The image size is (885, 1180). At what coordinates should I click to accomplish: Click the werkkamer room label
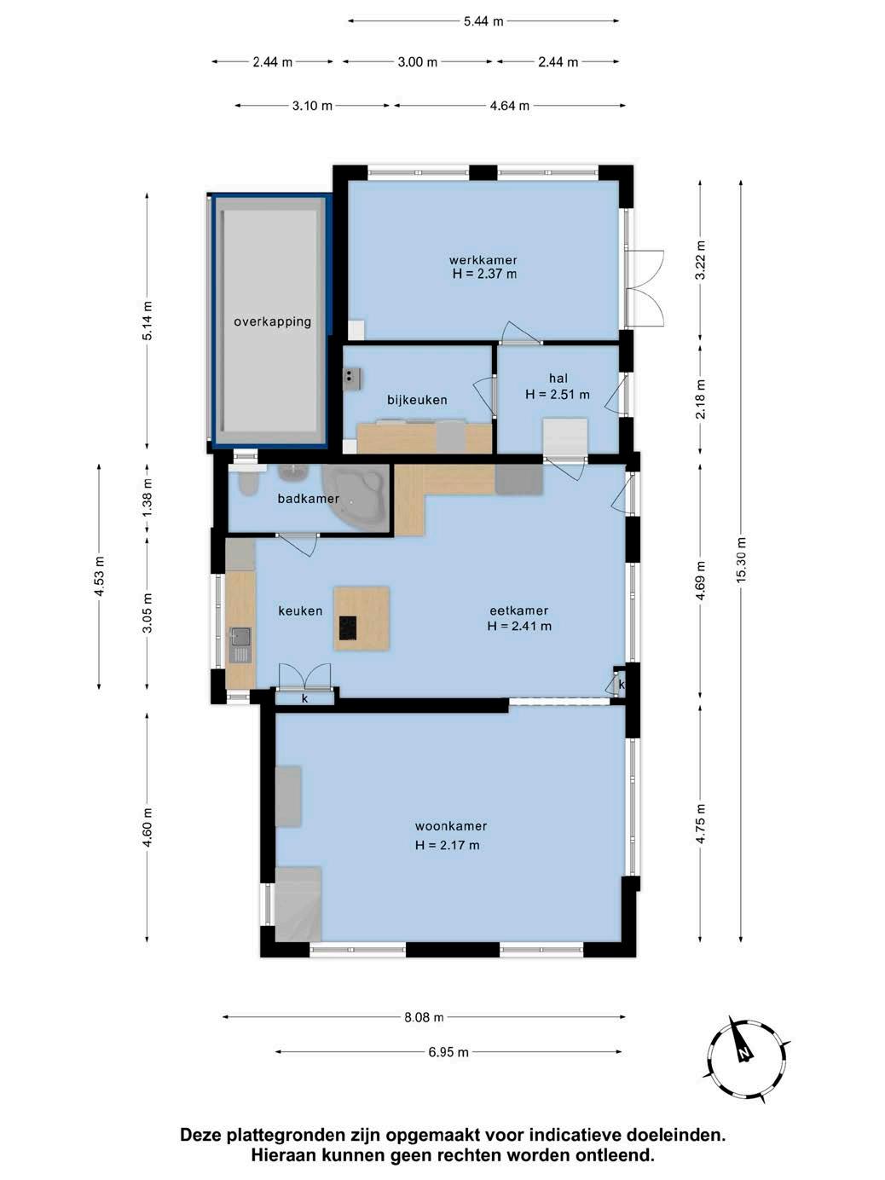point(483,260)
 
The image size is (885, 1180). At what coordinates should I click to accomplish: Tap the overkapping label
point(273,322)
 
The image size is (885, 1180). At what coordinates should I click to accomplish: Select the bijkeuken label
point(417,400)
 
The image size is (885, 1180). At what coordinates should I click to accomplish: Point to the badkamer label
point(308,499)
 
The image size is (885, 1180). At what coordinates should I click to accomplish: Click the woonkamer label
point(451,826)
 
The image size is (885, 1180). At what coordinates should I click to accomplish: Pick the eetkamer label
point(518,610)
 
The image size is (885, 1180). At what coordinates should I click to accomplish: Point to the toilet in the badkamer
point(247,483)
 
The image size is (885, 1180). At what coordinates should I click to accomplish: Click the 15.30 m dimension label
point(742,559)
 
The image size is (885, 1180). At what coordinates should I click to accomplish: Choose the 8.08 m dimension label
point(424,1017)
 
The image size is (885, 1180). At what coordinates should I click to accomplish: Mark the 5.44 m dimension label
point(483,21)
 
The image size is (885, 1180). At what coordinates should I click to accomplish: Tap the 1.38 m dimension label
point(147,497)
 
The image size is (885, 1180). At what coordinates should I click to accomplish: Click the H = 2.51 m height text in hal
point(558,395)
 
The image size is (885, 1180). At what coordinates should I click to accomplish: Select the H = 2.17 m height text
point(447,845)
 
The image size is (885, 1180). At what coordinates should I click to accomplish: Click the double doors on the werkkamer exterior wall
point(645,289)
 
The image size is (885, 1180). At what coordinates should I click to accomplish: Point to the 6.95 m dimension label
point(448,1053)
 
